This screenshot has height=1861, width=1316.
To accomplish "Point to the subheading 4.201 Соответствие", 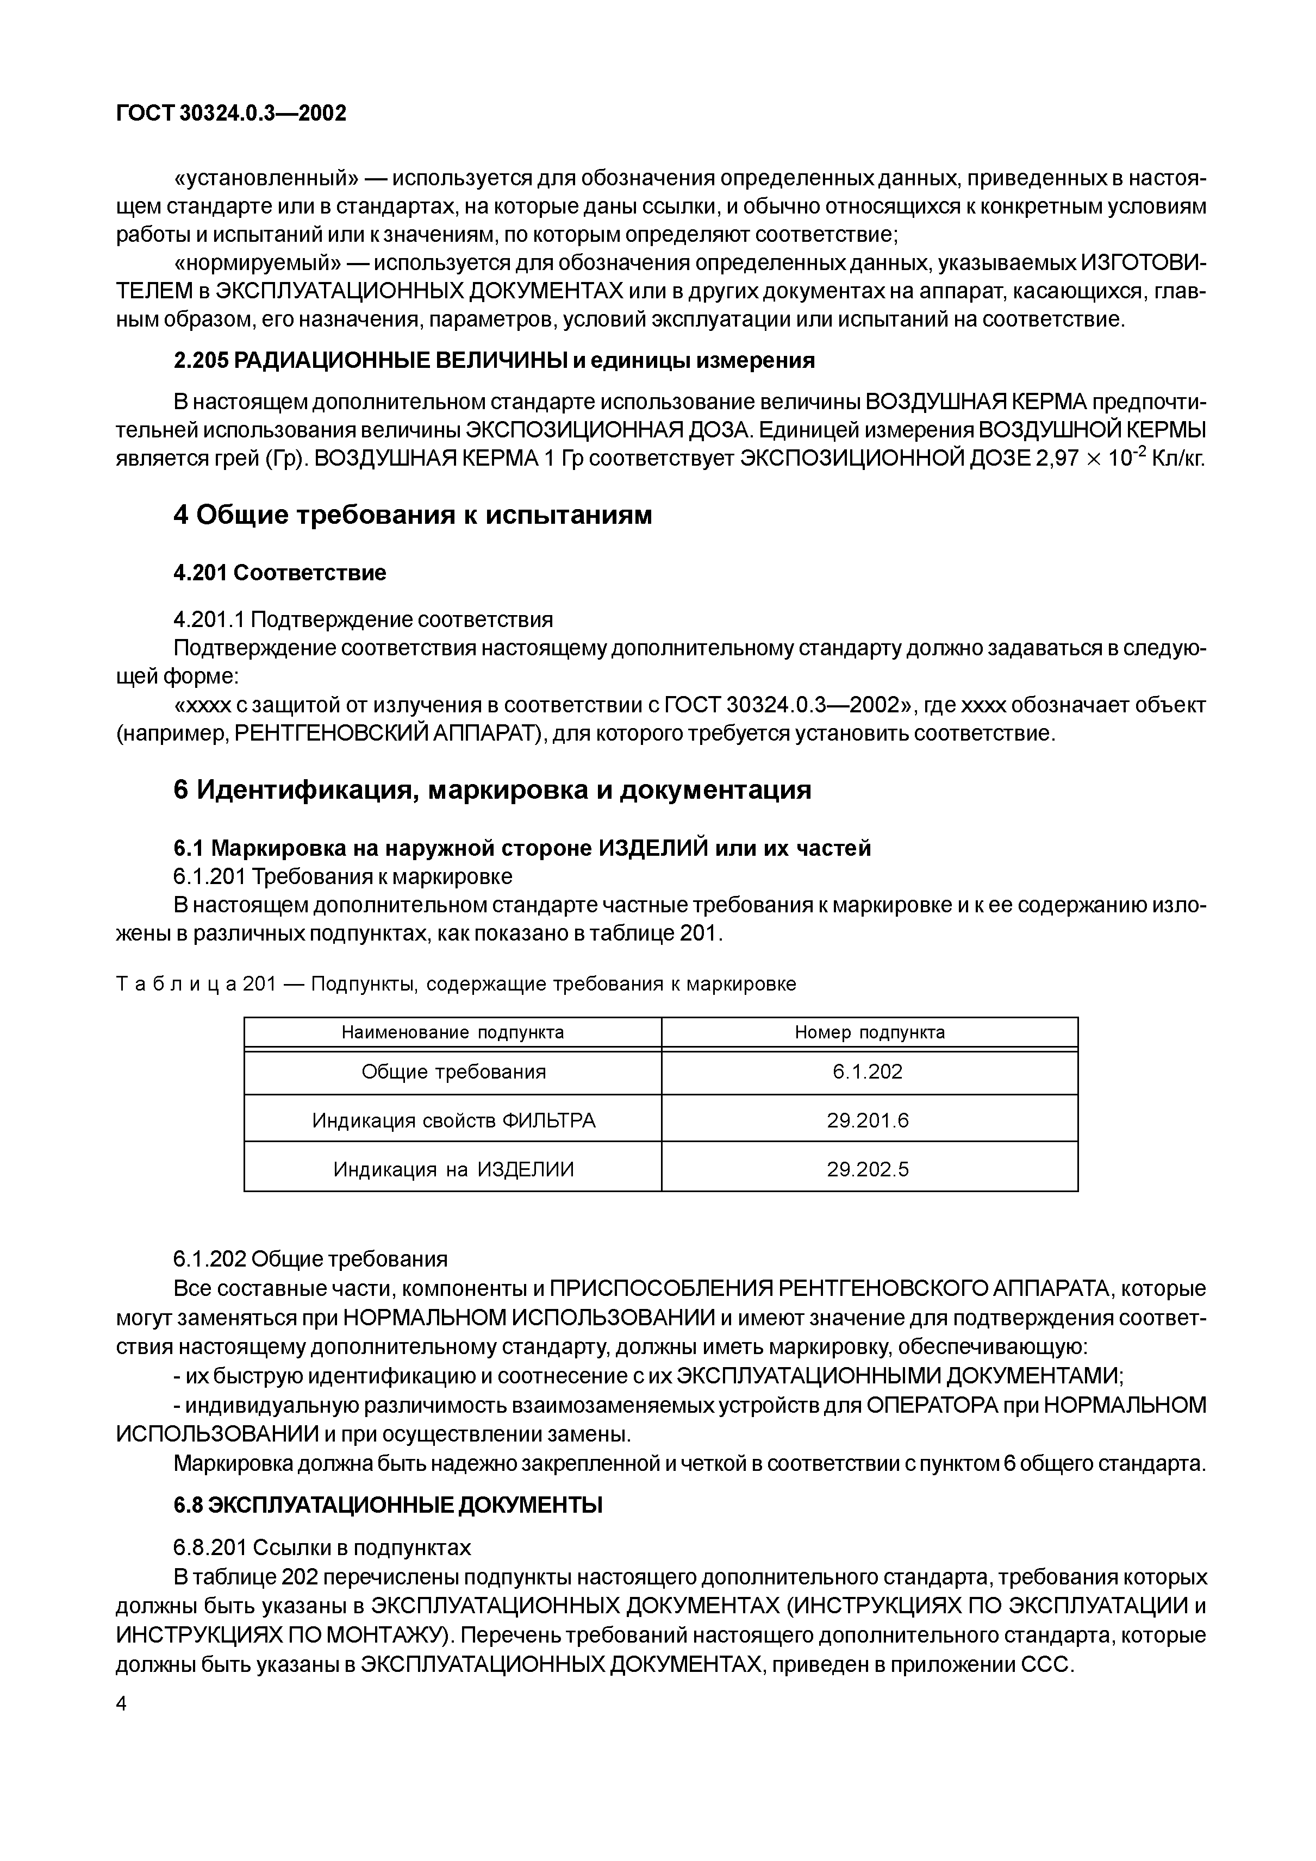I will [x=280, y=573].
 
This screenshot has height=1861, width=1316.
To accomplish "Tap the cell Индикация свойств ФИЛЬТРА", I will [x=453, y=1120].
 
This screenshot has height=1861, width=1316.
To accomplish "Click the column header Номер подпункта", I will [x=869, y=1032].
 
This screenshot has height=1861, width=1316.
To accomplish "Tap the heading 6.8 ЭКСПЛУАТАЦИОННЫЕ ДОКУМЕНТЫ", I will [x=388, y=1505].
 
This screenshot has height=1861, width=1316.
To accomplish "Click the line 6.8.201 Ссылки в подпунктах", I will [x=322, y=1547].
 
